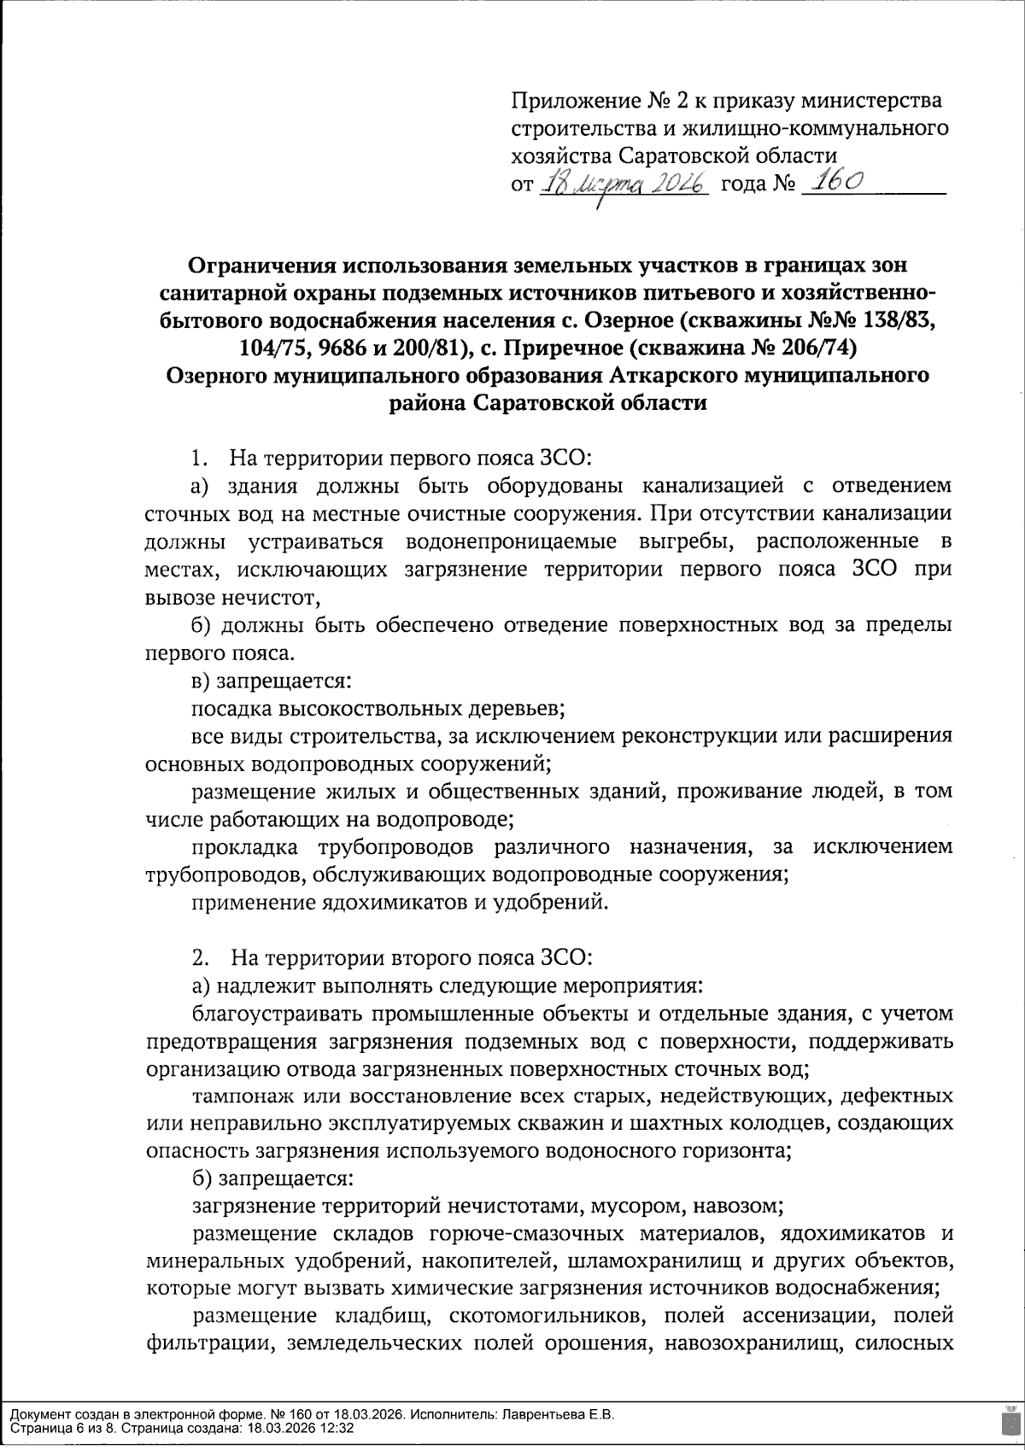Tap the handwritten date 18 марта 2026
pyautogui.click(x=624, y=183)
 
